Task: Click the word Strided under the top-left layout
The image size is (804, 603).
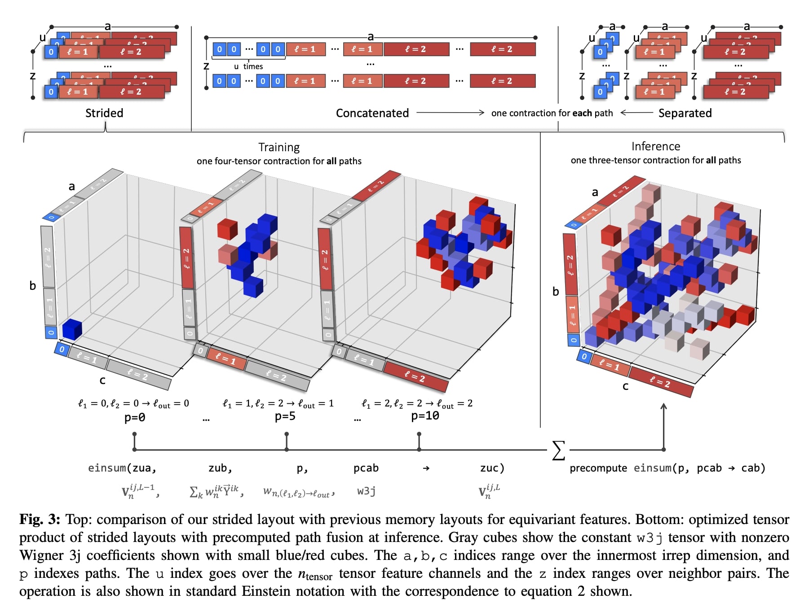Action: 104,113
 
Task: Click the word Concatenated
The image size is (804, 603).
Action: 372,113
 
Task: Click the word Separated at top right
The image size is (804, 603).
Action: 685,113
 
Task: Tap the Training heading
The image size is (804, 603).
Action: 279,147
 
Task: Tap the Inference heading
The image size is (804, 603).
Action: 656,146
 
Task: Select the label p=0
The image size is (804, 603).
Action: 135,418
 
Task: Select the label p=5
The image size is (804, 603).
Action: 285,416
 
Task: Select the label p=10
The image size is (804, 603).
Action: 425,416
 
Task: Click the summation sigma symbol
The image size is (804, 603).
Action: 558,450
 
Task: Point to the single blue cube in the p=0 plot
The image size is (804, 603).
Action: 72,329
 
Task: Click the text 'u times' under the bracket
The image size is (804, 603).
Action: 248,66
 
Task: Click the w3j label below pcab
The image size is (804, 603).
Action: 366,491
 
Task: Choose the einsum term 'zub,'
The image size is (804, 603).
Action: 220,468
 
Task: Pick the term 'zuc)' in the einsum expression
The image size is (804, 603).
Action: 492,468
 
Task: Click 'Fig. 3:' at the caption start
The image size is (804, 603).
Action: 40,519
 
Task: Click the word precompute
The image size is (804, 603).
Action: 598,468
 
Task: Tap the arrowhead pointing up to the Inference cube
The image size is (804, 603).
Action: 663,406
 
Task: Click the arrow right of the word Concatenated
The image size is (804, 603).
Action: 450,113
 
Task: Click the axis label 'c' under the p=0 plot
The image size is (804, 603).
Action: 102,380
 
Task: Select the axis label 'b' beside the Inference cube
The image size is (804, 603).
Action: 556,292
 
